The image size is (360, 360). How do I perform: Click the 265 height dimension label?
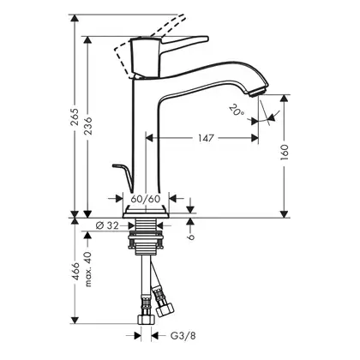click(75, 117)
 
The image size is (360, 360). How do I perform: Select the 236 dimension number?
click(88, 126)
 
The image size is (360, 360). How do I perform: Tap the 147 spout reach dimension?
click(206, 138)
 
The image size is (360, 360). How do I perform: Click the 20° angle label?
click(236, 111)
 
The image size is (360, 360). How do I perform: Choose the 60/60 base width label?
click(146, 198)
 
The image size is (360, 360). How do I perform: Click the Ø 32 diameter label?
click(107, 225)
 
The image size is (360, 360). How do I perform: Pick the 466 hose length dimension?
click(75, 272)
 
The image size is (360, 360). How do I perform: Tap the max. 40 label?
click(88, 269)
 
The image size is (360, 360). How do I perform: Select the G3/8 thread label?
click(183, 336)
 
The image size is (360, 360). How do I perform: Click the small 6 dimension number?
click(191, 237)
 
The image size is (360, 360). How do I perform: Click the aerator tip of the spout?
click(260, 93)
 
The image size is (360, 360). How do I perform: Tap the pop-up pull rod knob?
click(117, 165)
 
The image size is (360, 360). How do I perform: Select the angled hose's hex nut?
click(165, 309)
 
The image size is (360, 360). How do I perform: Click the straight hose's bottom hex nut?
click(146, 319)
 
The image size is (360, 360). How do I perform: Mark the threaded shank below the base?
click(146, 237)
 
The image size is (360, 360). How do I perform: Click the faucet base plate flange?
click(146, 213)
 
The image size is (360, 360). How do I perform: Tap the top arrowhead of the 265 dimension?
click(75, 18)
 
